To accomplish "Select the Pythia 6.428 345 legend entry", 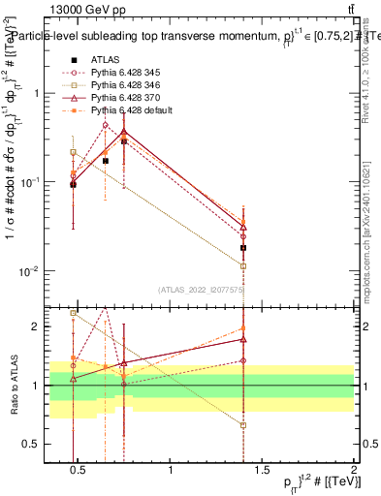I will (119, 73).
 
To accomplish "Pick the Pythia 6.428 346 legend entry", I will (119, 85).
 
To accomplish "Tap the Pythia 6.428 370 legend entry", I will (119, 98).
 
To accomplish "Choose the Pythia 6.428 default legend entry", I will (123, 110).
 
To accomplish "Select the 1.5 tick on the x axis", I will (263, 472).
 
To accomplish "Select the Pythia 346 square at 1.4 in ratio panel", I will (243, 425).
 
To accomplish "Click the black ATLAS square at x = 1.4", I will (243, 248).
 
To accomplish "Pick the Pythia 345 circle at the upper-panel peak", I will (105, 125).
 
